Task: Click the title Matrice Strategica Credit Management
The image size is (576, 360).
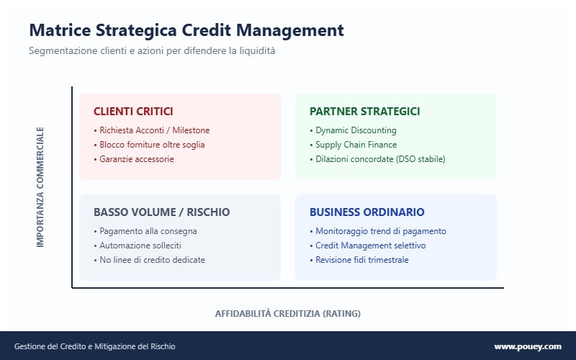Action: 186,30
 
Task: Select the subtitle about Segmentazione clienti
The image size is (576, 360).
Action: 152,52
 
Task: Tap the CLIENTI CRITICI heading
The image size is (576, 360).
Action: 133,112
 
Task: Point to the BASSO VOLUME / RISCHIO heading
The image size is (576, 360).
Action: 161,212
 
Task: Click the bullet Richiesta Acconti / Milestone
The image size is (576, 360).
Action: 152,130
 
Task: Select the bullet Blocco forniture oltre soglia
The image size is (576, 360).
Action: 149,145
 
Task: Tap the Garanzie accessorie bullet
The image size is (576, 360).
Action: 134,159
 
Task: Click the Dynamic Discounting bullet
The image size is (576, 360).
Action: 354,130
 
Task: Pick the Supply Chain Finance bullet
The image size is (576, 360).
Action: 354,145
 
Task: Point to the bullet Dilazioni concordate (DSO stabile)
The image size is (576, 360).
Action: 378,159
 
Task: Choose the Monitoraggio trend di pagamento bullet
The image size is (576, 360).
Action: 378,231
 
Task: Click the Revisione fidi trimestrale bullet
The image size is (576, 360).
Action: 359,260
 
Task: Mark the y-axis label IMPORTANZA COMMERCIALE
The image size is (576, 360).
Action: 40,187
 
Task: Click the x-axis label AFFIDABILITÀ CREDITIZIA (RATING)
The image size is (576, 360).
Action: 287,314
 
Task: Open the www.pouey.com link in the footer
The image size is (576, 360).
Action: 527,347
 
